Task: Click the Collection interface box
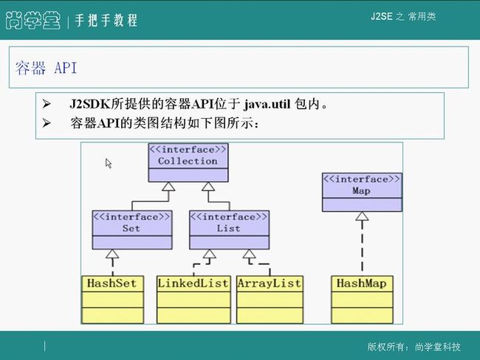[188, 163]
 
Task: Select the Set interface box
[132, 230]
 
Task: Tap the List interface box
[229, 230]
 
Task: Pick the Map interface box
[362, 192]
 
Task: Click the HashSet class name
[112, 283]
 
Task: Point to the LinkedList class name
[193, 283]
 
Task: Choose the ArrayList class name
[270, 283]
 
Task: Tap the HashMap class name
[362, 283]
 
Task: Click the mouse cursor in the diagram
[109, 163]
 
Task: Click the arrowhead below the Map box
[362, 216]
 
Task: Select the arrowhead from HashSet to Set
[112, 254]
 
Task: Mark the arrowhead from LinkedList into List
[210, 254]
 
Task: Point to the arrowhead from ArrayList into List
[249, 254]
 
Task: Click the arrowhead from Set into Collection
[168, 187]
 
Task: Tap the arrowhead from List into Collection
[208, 187]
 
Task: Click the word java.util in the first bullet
[267, 104]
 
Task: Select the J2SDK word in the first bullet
[89, 104]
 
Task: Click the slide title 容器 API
[47, 68]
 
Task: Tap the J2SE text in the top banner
[382, 16]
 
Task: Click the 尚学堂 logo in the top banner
[33, 20]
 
